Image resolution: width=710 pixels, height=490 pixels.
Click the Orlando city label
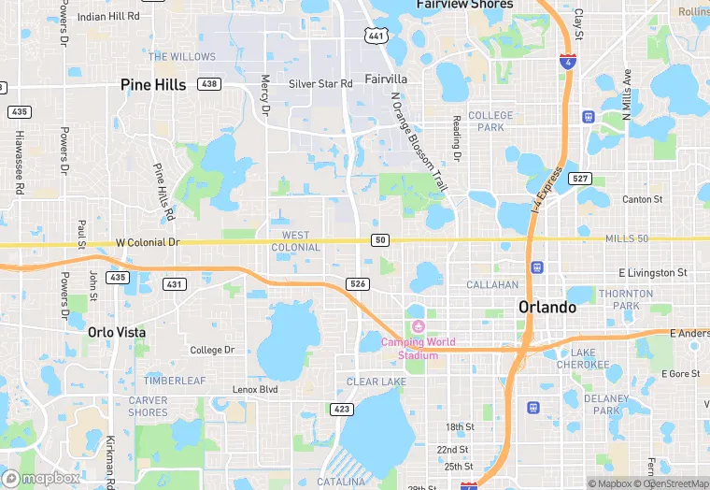coord(547,307)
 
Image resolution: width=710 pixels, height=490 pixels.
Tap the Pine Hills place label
coord(153,85)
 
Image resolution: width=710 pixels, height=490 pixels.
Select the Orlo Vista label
coord(117,332)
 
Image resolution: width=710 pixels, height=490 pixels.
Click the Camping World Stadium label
coord(418,348)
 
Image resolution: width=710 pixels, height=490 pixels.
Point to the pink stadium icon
coord(418,325)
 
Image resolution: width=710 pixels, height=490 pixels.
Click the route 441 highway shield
coord(376,36)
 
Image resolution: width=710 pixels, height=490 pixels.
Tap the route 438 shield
coord(209,84)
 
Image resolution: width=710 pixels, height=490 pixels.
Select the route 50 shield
coord(379,240)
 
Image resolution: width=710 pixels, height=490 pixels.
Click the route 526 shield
coord(356,283)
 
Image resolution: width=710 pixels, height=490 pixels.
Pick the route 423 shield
coord(340,409)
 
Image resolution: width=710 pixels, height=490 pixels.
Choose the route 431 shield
coord(174,283)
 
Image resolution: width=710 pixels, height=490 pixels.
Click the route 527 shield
coord(580,178)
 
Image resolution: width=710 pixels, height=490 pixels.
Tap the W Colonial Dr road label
coord(148,242)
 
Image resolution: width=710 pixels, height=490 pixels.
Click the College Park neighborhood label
coord(490,122)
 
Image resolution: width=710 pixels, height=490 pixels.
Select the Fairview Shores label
coord(464,5)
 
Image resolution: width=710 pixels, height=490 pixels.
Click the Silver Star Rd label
coord(320,84)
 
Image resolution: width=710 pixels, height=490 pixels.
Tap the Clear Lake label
coord(376,382)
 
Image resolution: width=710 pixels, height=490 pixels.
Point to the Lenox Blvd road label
coord(255,389)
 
